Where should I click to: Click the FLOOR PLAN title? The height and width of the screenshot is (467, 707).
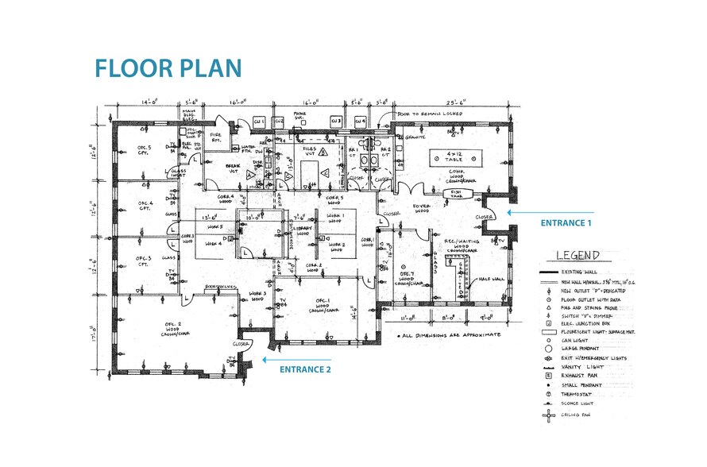point(168,68)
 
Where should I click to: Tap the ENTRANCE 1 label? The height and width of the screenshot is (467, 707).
point(566,223)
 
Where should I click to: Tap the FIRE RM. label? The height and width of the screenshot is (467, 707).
point(215,137)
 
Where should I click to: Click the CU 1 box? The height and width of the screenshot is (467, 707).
point(258,120)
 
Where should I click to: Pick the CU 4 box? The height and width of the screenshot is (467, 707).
point(361,120)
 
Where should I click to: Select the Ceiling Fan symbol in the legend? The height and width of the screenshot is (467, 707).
point(547,415)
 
